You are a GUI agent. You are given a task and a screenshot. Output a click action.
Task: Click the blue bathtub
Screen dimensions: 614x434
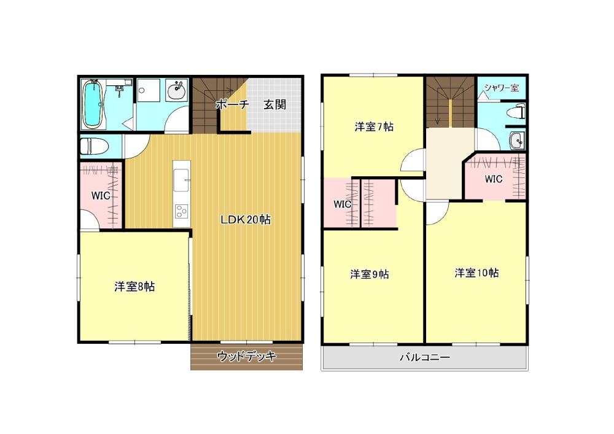coord(93,104)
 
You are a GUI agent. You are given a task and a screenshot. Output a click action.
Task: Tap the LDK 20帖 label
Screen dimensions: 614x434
coord(246,220)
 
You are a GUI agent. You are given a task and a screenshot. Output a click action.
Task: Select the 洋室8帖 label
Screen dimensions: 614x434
coord(134,287)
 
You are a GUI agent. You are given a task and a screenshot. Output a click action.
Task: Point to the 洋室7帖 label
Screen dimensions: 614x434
coord(374,127)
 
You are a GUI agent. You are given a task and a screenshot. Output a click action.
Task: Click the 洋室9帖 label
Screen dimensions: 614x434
coord(369,274)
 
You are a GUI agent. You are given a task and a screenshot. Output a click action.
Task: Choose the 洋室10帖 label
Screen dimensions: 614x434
coord(476,273)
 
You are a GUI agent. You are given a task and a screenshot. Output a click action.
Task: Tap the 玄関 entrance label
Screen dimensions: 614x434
coord(274,104)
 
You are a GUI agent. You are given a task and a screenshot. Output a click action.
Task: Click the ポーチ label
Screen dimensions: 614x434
coord(233,104)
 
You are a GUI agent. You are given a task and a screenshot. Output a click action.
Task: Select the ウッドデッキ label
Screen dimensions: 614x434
coord(247,356)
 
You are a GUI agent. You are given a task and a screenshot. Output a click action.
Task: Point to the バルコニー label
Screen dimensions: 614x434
coord(425,357)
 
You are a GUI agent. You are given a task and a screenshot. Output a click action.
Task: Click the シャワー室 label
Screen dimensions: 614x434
coord(502,88)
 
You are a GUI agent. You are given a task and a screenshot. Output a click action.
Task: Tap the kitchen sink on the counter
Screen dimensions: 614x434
coord(182,180)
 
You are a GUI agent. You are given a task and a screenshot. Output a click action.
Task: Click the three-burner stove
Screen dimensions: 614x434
coord(181,211)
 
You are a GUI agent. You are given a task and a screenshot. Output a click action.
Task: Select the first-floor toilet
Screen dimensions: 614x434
coord(94,147)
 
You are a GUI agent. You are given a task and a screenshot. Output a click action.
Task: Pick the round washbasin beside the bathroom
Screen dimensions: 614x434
coord(177,91)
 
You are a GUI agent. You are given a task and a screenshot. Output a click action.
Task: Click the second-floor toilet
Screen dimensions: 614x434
coord(516,112)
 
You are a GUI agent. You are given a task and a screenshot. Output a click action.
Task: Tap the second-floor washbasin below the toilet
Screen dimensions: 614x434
coord(516,140)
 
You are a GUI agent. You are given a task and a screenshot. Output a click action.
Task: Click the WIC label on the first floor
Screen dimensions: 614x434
coord(101,195)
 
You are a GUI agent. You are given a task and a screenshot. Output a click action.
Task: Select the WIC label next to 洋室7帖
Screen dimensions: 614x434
coord(342,204)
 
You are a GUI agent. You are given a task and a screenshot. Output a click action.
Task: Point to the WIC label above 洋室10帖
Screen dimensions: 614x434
coord(494,179)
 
